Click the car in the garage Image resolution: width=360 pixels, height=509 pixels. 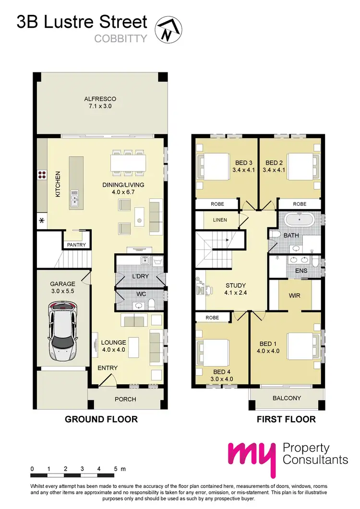coord(62,331)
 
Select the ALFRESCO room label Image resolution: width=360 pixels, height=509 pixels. coord(100,99)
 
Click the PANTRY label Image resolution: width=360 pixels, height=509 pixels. coord(76,245)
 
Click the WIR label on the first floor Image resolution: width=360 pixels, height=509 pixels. coord(295,296)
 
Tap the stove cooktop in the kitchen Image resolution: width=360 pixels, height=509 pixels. coord(42,175)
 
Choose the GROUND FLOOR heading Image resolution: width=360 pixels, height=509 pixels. coord(101,419)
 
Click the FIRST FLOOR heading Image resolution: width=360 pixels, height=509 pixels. coord(286,419)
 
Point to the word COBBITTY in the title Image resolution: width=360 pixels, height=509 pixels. coord(120,39)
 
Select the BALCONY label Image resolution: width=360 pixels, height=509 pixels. coord(287,398)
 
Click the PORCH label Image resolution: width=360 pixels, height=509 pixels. coord(126,399)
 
